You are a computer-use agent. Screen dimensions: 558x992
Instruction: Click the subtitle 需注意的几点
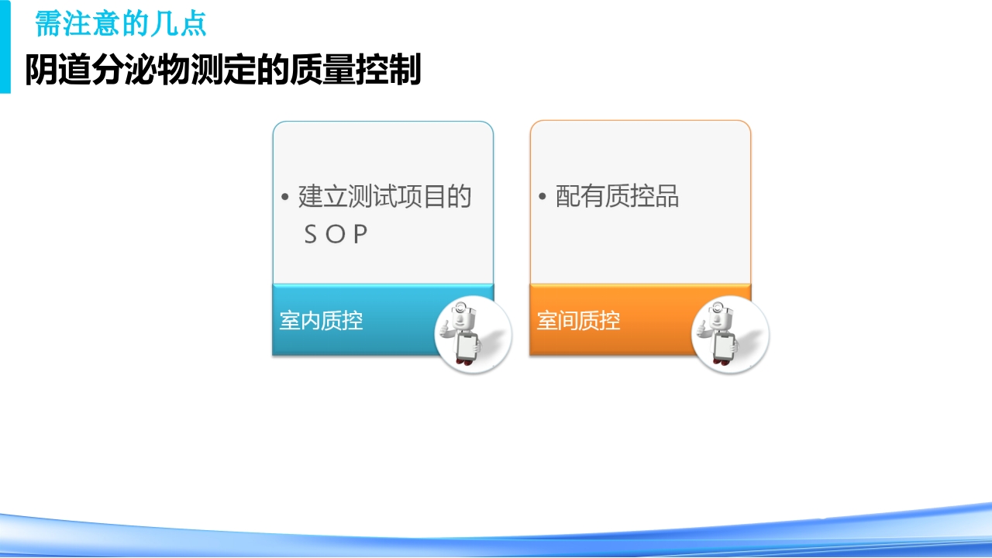[121, 24]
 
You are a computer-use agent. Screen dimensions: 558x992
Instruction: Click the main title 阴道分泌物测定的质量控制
[223, 71]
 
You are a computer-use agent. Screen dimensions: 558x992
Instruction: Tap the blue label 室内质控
[321, 320]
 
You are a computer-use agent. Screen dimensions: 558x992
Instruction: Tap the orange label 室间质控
[579, 320]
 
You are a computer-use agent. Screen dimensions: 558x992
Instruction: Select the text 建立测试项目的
[384, 197]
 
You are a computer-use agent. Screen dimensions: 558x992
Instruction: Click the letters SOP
[336, 235]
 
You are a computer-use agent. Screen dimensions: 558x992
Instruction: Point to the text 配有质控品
[617, 197]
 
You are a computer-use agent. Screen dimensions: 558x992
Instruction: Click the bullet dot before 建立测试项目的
[285, 198]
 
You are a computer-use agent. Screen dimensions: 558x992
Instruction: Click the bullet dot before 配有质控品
[542, 198]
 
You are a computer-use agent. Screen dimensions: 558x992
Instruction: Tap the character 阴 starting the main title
[40, 71]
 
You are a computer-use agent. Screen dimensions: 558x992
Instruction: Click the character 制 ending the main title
[405, 71]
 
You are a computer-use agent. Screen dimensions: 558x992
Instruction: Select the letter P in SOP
[360, 235]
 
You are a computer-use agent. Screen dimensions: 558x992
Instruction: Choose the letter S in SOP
[311, 235]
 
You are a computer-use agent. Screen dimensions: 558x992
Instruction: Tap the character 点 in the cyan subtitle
[193, 24]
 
